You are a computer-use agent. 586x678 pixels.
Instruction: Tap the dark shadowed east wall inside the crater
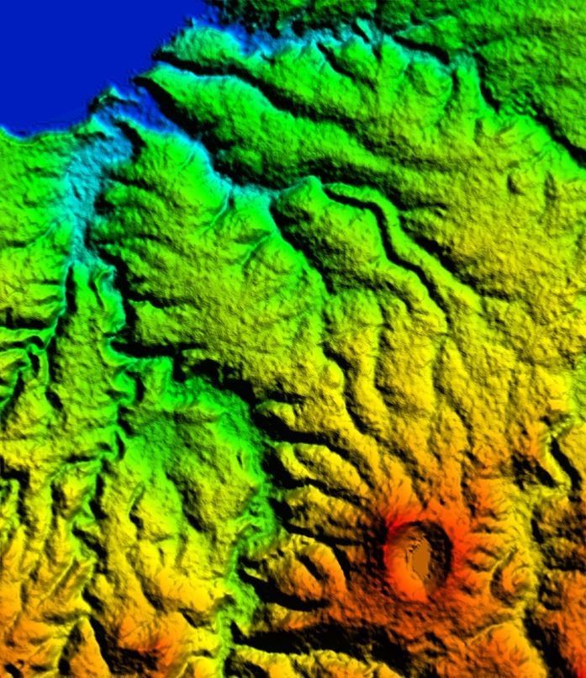440,555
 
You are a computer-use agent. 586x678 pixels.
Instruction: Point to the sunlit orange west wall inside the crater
395,555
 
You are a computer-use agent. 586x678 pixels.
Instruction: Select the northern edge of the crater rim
419,525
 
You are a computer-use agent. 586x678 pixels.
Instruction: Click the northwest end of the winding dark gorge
332,193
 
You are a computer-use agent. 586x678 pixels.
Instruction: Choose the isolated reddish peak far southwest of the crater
151,648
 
